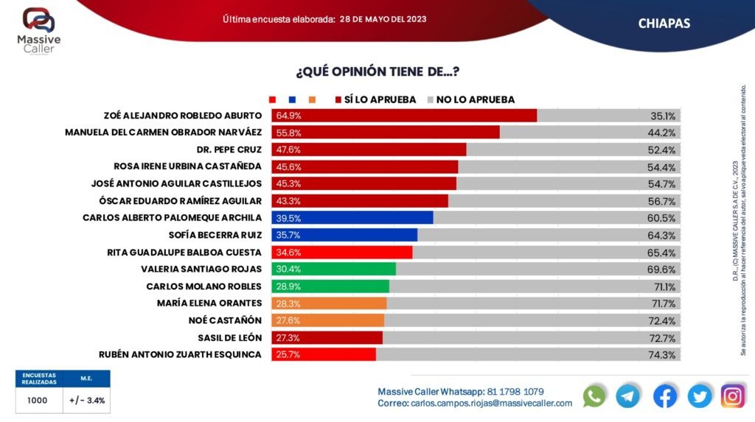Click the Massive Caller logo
(x=38, y=29)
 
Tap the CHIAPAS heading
(x=664, y=24)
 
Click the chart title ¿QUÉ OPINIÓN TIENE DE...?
(x=377, y=71)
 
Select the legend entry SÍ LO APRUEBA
(x=380, y=99)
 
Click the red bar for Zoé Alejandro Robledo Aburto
(x=404, y=116)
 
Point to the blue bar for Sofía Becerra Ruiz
(x=344, y=235)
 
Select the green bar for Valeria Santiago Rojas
(x=333, y=269)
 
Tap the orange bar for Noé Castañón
(x=328, y=320)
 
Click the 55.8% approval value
(x=289, y=133)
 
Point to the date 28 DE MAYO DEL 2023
(x=383, y=18)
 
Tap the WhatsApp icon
(x=594, y=396)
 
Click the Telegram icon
(x=628, y=396)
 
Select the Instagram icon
(x=732, y=396)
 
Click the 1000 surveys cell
(x=38, y=401)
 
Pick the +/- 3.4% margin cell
(x=87, y=401)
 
